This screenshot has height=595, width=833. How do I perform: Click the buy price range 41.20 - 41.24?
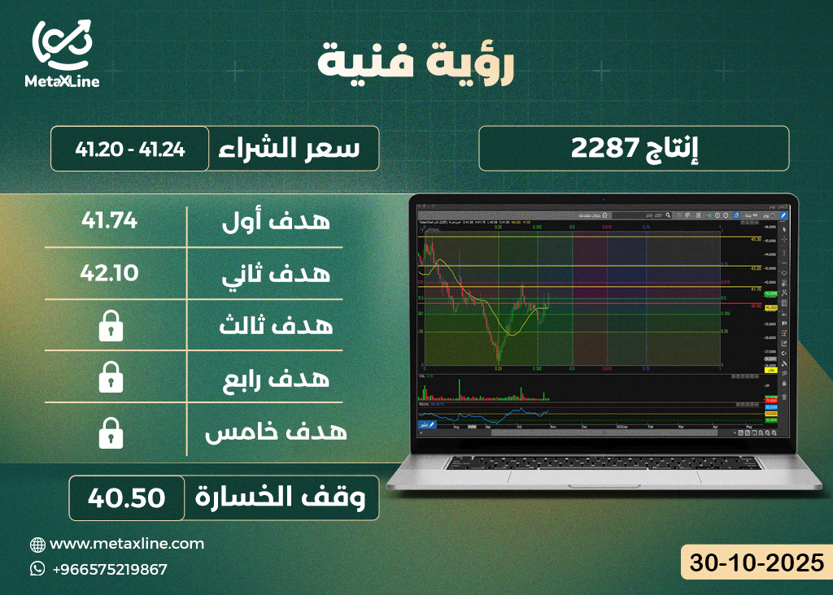(130, 149)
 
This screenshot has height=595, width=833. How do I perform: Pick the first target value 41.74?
(110, 219)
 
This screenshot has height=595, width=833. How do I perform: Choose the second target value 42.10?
(110, 272)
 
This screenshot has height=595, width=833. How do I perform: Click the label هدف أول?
(276, 220)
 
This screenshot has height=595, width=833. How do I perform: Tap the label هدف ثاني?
(276, 273)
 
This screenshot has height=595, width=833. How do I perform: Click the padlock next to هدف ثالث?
(110, 326)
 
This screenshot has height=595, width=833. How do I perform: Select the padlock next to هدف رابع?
(110, 379)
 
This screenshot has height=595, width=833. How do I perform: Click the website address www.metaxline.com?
(127, 544)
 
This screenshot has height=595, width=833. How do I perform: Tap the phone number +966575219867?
(109, 569)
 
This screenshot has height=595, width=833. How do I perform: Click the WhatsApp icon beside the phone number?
(37, 569)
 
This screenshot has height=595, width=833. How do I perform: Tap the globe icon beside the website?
(37, 545)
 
